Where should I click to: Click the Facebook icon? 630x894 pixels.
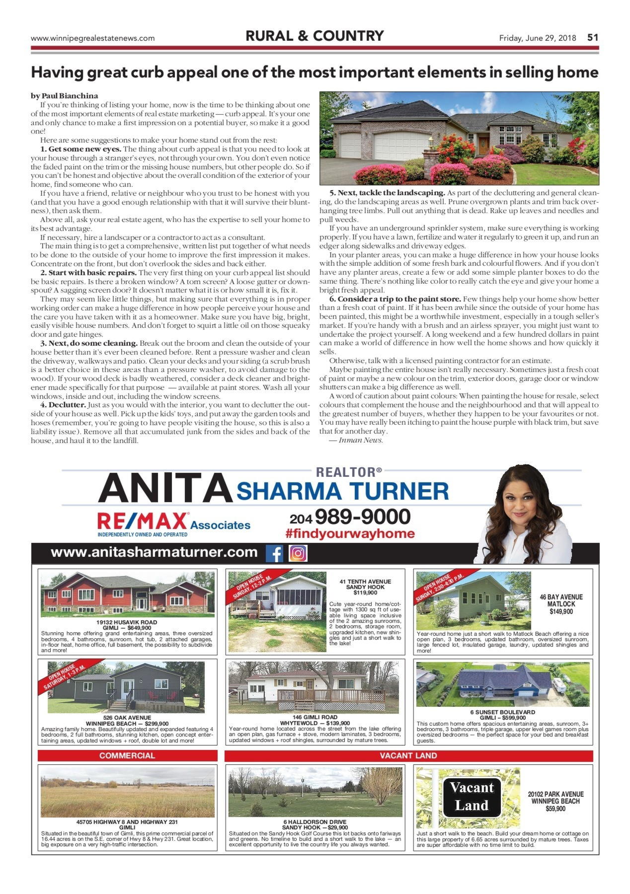click(274, 553)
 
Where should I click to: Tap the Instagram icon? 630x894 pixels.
click(298, 553)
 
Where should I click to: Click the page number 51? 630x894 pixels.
click(593, 38)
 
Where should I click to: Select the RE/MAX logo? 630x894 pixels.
click(143, 521)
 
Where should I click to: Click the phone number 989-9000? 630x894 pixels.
click(362, 517)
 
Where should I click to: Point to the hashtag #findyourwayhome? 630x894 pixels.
click(350, 534)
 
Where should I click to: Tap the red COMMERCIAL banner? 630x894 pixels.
click(127, 755)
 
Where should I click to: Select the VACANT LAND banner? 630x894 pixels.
click(408, 755)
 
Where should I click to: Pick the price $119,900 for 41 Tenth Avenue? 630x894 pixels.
click(365, 593)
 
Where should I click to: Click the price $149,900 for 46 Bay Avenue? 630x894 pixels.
click(561, 611)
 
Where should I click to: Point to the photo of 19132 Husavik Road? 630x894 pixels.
click(127, 595)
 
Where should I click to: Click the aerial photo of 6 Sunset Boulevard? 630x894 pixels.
click(503, 684)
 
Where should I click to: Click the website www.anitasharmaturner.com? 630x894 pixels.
click(154, 552)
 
